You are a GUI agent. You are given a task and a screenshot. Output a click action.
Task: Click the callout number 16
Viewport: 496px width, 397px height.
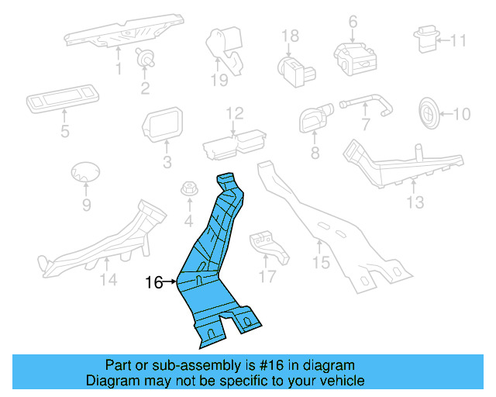[153, 283]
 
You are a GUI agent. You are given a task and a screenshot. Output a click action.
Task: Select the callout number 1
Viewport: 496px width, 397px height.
[119, 69]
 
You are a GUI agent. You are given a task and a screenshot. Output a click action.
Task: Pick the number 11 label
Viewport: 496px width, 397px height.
[459, 40]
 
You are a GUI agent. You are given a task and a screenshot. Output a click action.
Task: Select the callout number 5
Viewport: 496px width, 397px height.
[64, 132]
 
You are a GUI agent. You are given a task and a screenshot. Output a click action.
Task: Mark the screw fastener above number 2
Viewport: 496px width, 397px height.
[144, 56]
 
